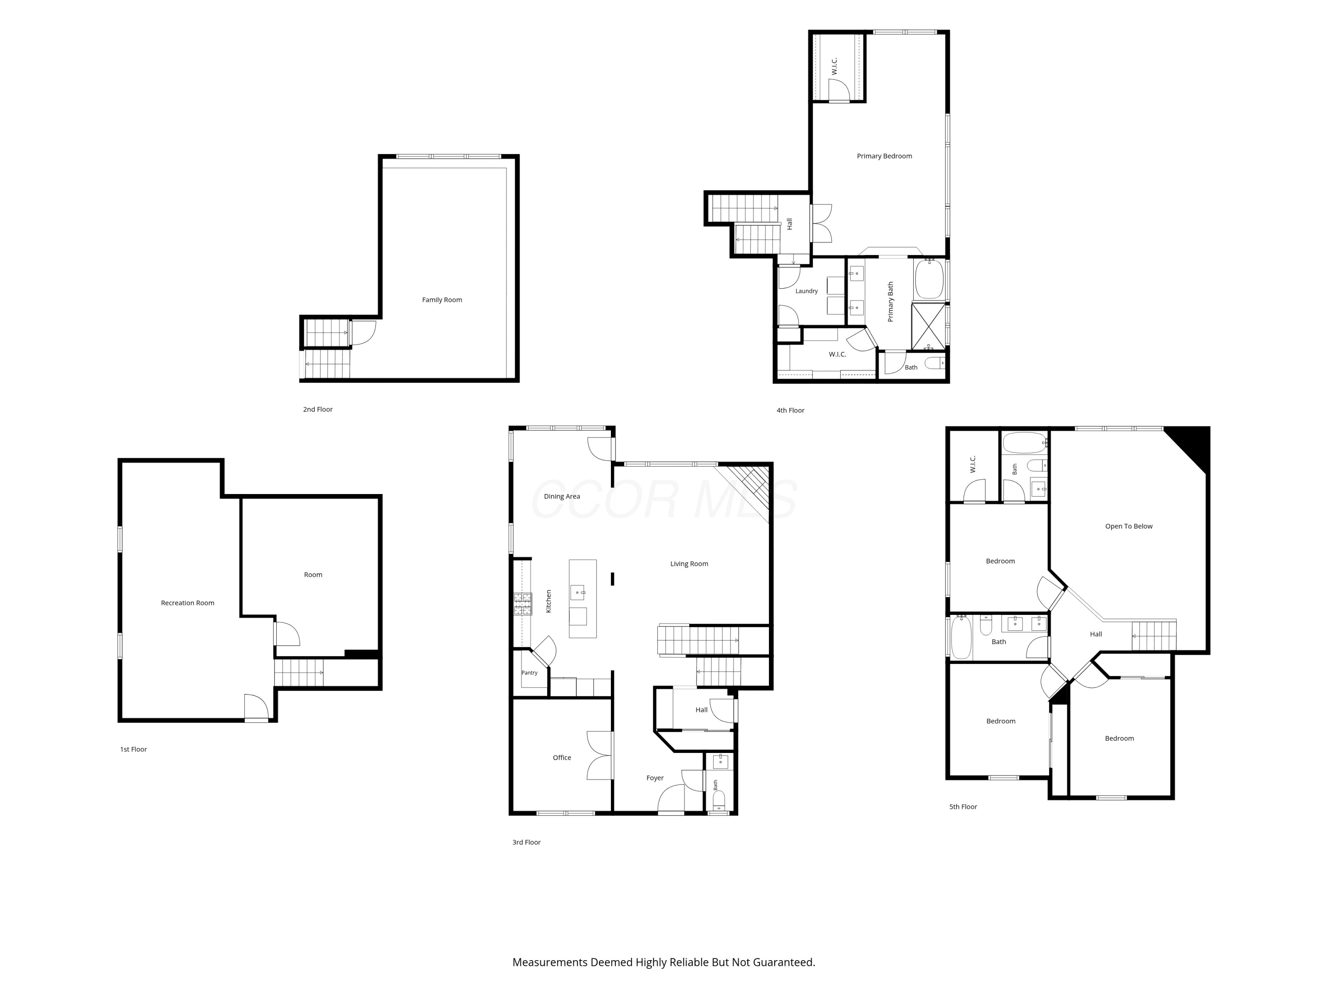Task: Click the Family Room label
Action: pos(442,300)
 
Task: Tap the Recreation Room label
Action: pos(187,603)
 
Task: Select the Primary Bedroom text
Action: pos(884,156)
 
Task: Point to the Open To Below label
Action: pos(1129,526)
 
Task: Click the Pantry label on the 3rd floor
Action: pos(529,672)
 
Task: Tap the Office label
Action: pos(562,758)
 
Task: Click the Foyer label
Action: pos(655,778)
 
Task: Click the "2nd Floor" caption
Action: pos(317,409)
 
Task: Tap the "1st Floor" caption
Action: pos(133,749)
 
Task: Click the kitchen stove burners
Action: pos(522,604)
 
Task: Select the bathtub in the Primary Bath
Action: pos(929,278)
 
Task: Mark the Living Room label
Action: pos(689,564)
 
